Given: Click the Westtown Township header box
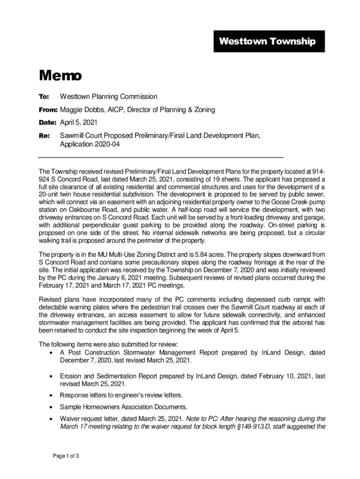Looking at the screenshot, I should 267,42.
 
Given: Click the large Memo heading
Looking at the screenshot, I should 60,75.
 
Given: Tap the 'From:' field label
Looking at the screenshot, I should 48,110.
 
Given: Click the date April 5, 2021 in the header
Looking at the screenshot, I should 79,123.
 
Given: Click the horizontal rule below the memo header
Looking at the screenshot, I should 161,157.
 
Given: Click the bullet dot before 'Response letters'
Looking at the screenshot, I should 50,395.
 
